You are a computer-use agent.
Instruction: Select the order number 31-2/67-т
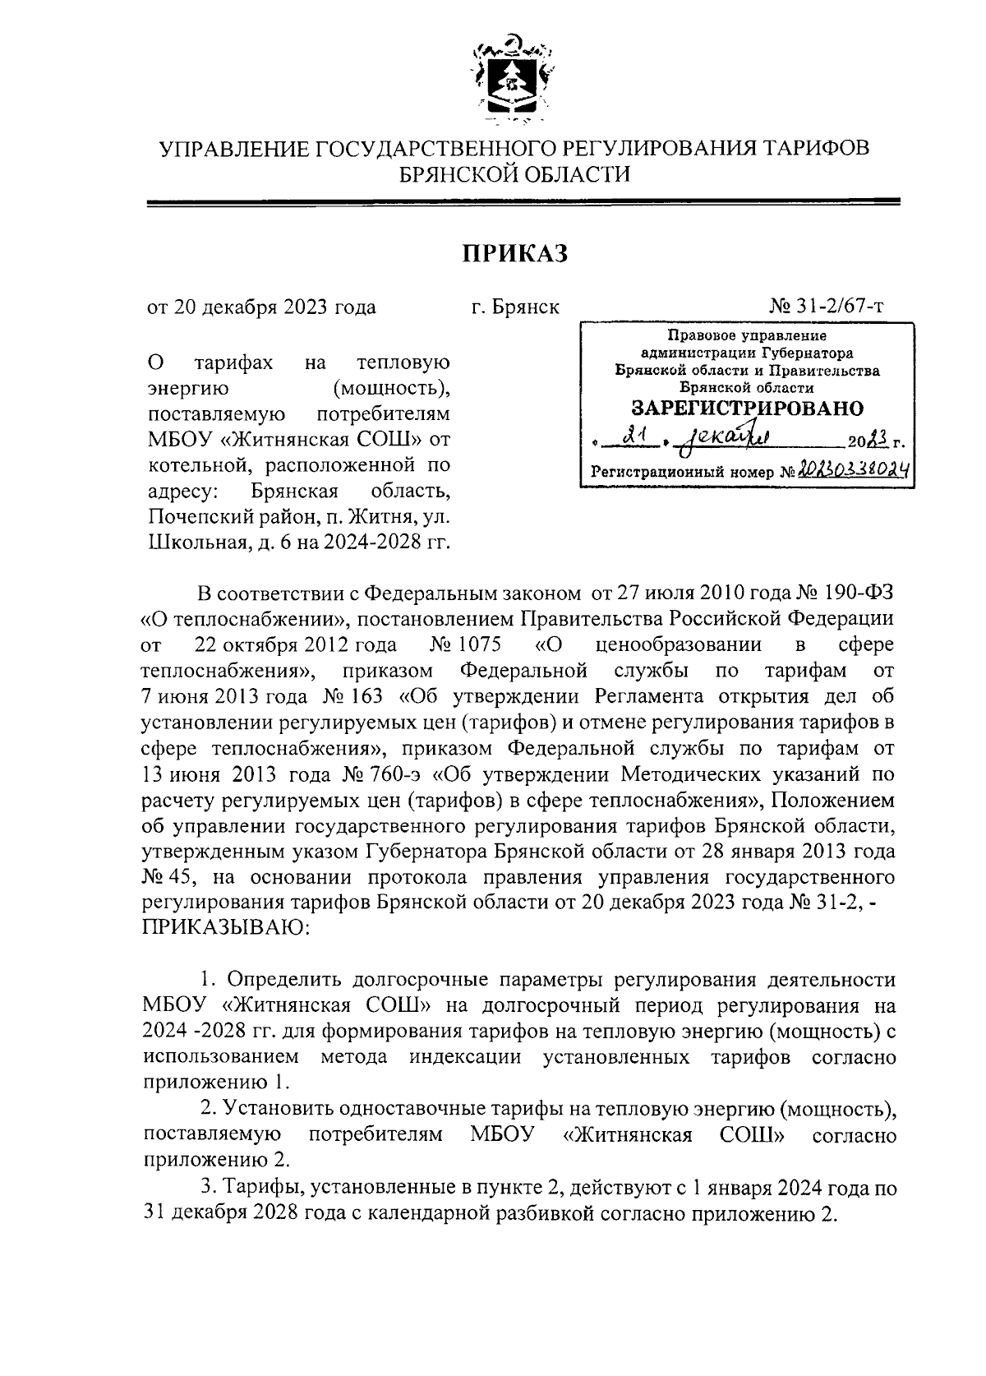click(839, 307)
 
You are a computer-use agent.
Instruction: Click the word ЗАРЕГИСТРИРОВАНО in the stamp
click(747, 408)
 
